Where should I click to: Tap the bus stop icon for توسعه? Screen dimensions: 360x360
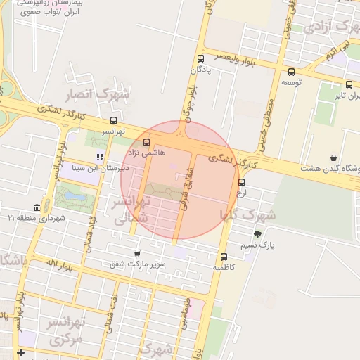tap(291, 71)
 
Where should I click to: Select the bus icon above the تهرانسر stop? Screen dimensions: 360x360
tap(113, 120)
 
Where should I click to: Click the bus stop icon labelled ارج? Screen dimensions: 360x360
tap(242, 182)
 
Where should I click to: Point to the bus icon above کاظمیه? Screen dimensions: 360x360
tap(224, 257)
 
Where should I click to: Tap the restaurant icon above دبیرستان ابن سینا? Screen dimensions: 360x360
tap(100, 157)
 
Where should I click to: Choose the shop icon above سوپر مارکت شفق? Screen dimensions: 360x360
tap(136, 253)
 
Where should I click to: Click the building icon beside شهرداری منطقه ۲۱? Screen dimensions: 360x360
tap(36, 207)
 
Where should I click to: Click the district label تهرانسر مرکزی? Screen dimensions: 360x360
tap(65, 330)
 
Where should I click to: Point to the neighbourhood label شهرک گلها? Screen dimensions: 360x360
tap(248, 214)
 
